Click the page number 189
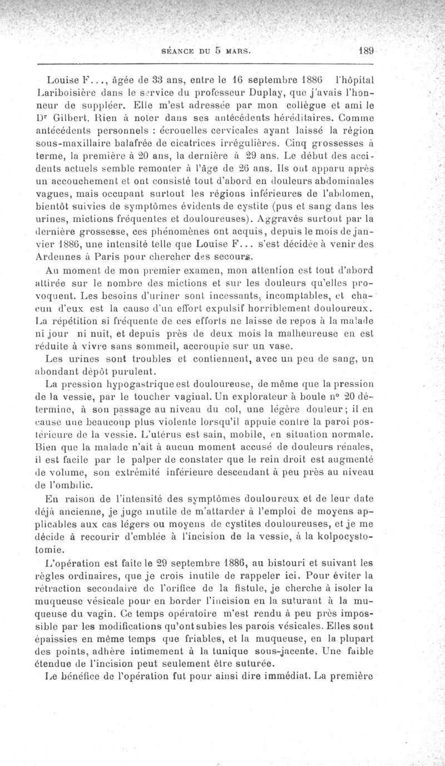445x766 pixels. [365, 50]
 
